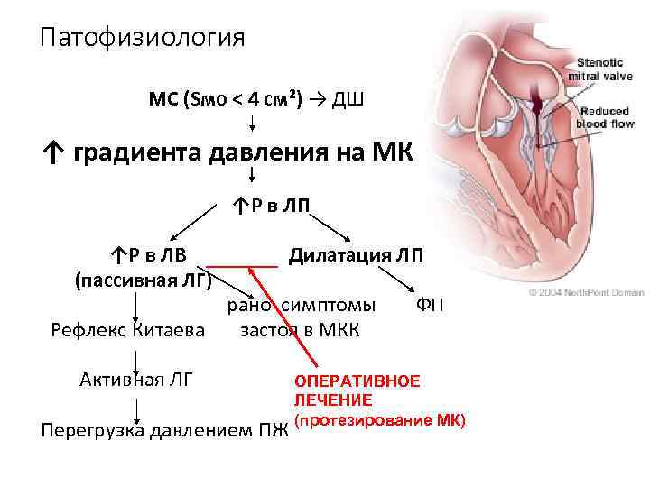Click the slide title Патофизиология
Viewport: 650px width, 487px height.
pos(142,38)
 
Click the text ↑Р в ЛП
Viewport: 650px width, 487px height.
pos(271,207)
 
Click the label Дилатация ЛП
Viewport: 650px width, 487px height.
pos(355,255)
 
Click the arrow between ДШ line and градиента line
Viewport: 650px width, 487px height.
pos(251,122)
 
